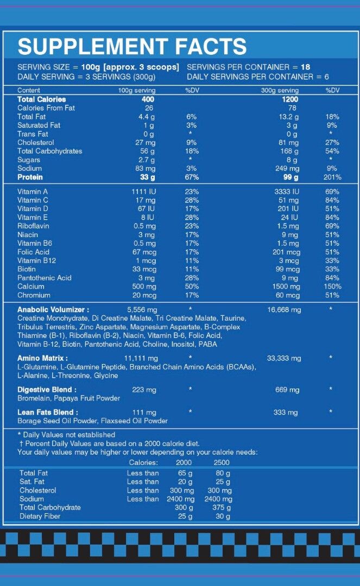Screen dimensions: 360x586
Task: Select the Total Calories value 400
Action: (148, 99)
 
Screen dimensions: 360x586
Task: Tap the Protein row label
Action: (30, 177)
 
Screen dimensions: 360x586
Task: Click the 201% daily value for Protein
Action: (332, 177)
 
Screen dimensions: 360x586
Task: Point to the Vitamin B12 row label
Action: (36, 260)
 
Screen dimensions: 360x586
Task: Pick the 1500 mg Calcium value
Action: (286, 286)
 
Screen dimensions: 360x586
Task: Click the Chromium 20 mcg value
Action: (144, 295)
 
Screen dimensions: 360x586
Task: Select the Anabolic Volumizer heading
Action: (53, 309)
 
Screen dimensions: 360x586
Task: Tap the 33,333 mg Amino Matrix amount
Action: (284, 358)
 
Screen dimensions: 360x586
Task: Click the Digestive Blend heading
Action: (47, 390)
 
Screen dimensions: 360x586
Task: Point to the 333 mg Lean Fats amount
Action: (285, 412)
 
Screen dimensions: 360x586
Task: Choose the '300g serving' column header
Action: (280, 91)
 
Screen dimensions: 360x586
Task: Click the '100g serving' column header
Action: (137, 91)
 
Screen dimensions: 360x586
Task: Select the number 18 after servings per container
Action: (305, 67)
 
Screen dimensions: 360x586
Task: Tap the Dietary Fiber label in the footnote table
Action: (40, 516)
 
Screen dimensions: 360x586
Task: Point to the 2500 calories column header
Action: (222, 462)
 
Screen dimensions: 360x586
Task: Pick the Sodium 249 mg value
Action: (287, 169)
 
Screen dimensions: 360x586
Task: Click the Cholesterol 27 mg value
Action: (145, 143)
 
